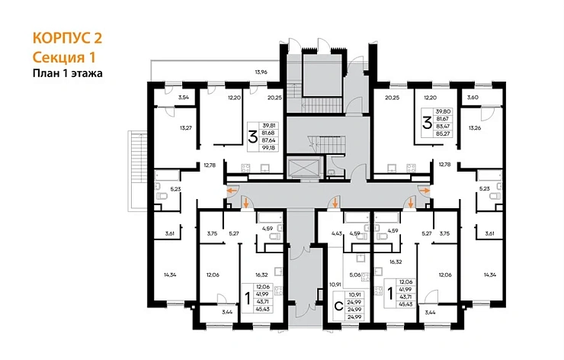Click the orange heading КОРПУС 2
pos(67,38)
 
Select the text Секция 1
pos(64,57)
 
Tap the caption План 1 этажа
pos(68,73)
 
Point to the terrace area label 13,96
pos(261,72)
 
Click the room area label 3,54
pos(184,97)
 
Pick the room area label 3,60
pos(473,97)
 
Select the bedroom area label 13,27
pos(186,127)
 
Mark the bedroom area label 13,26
pos(474,127)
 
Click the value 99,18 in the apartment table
pos(269,148)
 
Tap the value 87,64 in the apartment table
pos(269,140)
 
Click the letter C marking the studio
pos(338,307)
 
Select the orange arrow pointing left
pos(233,190)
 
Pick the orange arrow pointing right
pos(425,190)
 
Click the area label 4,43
pos(337,233)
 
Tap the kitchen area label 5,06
pos(354,275)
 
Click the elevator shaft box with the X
pos(304,168)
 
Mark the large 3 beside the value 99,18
pos(253,137)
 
